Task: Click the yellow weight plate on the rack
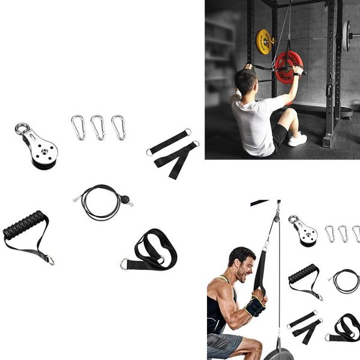click(264, 41)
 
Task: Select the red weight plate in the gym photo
click(289, 67)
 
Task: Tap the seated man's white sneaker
click(297, 140)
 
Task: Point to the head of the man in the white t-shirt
click(245, 82)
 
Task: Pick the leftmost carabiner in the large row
click(78, 127)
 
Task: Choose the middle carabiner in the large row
click(98, 127)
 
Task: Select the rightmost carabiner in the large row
click(118, 127)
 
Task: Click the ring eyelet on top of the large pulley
click(23, 129)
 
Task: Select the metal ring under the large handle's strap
click(51, 260)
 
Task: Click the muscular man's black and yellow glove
click(254, 307)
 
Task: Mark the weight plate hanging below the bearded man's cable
click(279, 353)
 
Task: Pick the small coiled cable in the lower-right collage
click(346, 280)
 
